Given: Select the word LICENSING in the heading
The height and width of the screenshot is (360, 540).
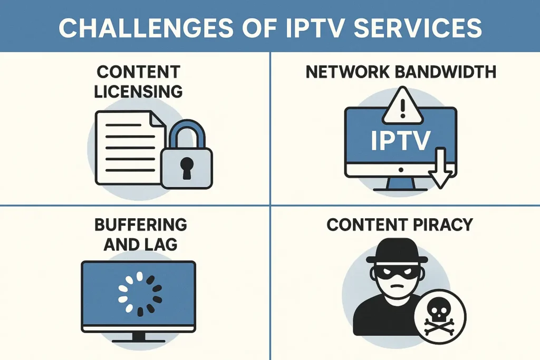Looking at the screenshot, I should [x=138, y=91].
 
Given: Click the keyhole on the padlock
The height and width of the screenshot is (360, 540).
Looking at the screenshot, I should [x=186, y=167].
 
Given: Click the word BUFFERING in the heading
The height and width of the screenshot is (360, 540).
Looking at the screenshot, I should [x=141, y=225].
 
